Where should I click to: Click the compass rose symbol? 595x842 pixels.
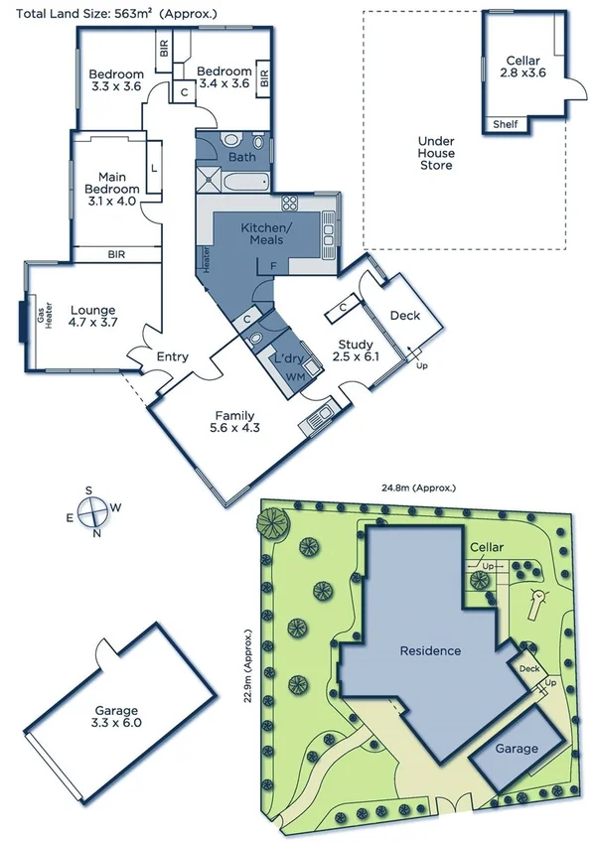[92, 512]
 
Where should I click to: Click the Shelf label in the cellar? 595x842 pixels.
[505, 124]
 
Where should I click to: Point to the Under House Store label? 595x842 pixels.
[435, 153]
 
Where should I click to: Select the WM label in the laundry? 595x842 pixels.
[294, 378]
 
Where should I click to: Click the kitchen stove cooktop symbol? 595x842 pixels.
[291, 204]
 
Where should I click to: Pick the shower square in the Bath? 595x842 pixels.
[210, 180]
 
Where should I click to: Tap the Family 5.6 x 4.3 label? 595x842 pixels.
[235, 422]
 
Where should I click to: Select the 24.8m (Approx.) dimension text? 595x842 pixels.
[418, 488]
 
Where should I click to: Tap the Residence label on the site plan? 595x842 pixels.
[430, 651]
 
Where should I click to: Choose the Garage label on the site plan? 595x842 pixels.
[517, 749]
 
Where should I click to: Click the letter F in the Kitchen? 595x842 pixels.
[272, 267]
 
